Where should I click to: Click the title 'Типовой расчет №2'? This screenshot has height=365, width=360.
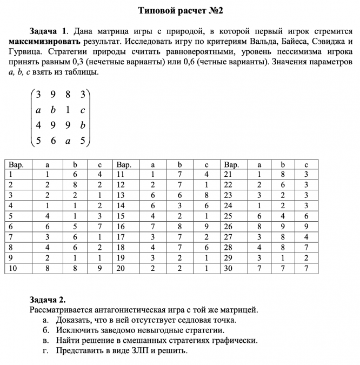click(180, 10)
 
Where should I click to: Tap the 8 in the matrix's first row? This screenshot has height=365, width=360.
click(68, 95)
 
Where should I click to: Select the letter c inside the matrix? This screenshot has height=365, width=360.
click(83, 110)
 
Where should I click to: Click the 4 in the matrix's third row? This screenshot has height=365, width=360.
click(38, 126)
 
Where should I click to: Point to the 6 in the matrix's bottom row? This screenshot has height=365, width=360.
click(53, 142)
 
